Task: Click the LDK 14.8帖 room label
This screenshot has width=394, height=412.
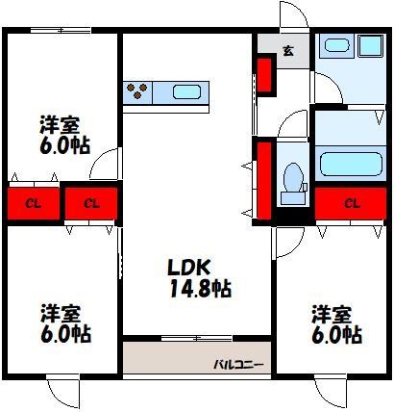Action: click(x=199, y=278)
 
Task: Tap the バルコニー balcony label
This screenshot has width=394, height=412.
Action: click(x=239, y=365)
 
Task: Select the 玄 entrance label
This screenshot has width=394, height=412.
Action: click(x=288, y=51)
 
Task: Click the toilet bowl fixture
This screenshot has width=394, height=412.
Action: click(x=294, y=183)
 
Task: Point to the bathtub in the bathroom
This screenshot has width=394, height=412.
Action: click(x=351, y=164)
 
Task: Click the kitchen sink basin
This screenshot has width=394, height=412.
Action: click(x=186, y=92)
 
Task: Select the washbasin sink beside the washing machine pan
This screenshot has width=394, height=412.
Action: click(x=336, y=45)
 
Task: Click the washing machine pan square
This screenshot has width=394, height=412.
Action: click(x=371, y=45)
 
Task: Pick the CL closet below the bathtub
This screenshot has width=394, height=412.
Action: click(x=351, y=203)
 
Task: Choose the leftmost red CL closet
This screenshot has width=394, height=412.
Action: click(x=34, y=204)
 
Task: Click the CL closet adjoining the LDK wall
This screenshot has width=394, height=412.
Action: click(x=91, y=203)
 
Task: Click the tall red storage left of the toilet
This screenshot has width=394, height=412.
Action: click(x=264, y=181)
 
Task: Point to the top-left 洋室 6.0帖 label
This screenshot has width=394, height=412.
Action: click(x=64, y=135)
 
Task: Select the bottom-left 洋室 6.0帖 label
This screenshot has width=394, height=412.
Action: click(x=65, y=323)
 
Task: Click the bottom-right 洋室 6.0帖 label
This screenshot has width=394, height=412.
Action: click(x=336, y=324)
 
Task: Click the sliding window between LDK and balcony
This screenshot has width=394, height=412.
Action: click(x=196, y=338)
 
